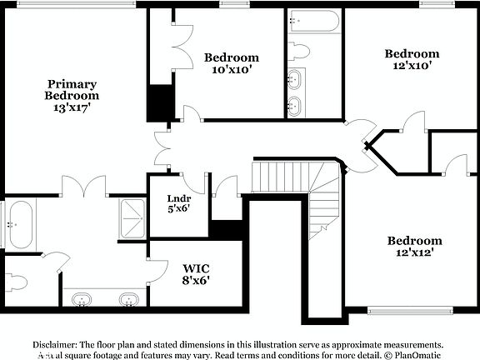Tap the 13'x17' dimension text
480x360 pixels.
click(x=72, y=107)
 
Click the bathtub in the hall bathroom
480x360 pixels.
click(x=313, y=21)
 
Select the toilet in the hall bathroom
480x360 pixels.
click(x=299, y=51)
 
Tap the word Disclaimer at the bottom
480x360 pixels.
click(x=54, y=344)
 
